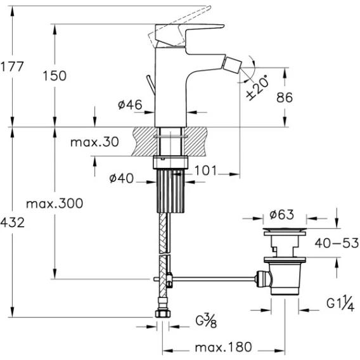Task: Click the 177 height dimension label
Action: [12, 67]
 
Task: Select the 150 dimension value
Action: [55, 76]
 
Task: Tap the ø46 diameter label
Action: [130, 105]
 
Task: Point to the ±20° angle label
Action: [257, 87]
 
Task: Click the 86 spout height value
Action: [285, 98]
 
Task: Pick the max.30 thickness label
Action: [94, 142]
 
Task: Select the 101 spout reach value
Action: [205, 170]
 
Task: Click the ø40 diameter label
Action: [121, 178]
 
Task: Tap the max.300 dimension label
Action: [55, 203]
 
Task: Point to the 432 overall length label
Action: [12, 222]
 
